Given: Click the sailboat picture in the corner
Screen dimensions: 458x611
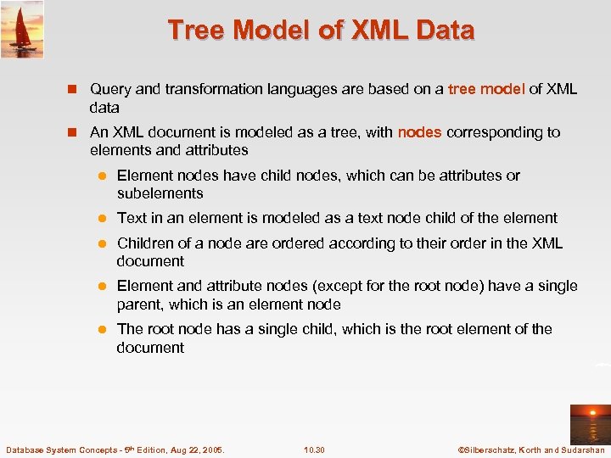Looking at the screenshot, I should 22,30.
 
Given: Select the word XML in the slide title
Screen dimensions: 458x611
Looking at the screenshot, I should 380,31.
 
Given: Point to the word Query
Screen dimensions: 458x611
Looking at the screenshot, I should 110,89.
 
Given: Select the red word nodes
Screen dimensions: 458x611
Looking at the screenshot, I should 419,132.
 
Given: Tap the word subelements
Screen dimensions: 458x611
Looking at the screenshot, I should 160,193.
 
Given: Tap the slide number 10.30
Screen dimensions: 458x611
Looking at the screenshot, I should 314,449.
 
